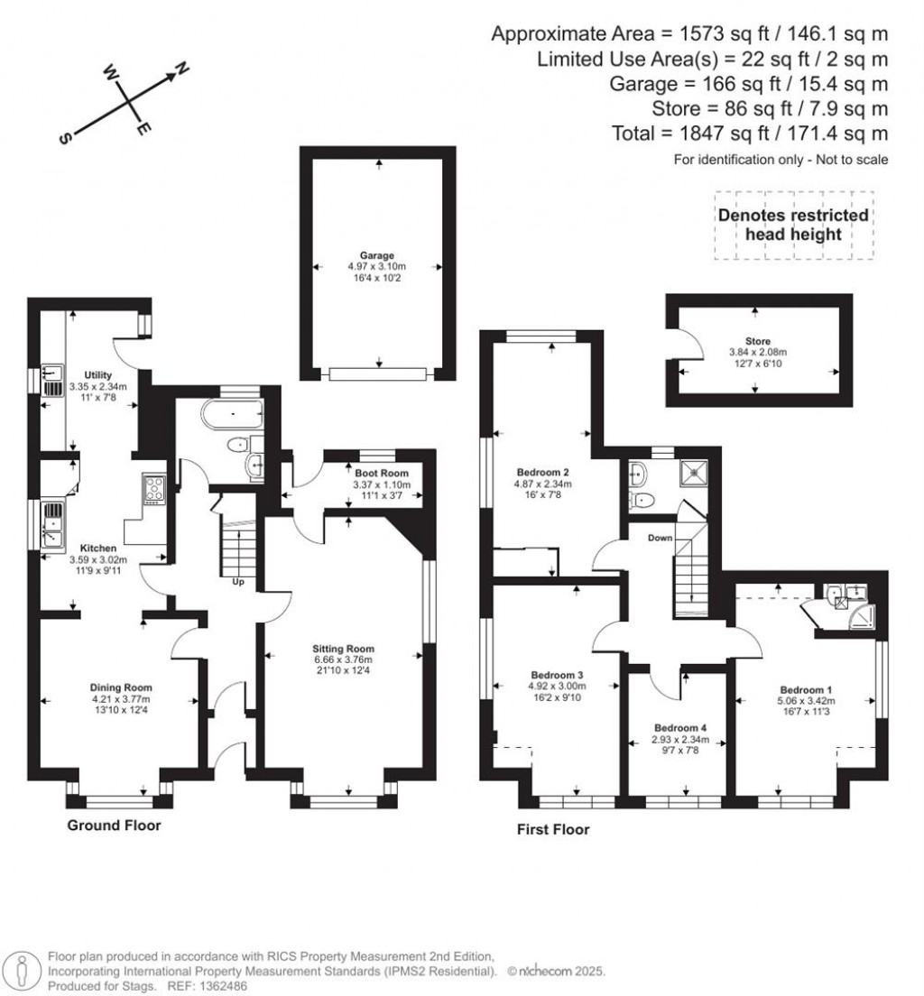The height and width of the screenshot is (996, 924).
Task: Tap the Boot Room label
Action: point(381,473)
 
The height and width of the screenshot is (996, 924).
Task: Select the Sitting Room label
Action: point(343,649)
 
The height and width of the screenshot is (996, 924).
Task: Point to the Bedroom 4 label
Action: point(680,728)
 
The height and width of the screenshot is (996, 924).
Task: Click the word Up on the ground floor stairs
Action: point(239,582)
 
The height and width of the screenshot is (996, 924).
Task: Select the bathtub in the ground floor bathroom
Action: point(233,415)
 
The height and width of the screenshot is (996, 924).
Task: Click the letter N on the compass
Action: point(180,69)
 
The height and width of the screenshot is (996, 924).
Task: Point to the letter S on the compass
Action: point(65,139)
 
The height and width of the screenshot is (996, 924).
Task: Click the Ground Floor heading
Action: point(115,825)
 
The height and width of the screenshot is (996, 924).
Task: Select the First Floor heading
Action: point(553,829)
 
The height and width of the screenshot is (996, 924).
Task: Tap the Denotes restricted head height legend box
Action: point(793,225)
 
